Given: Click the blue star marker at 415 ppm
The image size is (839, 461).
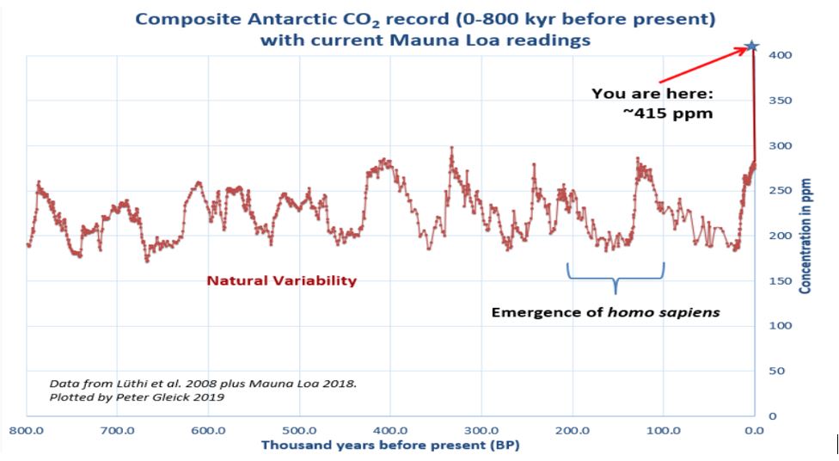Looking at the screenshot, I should (752, 46).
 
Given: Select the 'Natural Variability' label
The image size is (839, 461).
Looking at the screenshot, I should (281, 280).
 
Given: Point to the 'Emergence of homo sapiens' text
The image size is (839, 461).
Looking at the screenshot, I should (605, 312).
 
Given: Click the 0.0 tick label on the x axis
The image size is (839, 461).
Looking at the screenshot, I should (754, 430).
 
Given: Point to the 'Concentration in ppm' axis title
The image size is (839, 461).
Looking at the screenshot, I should (805, 236).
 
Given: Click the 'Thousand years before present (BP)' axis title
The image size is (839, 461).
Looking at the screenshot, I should (390, 446).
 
